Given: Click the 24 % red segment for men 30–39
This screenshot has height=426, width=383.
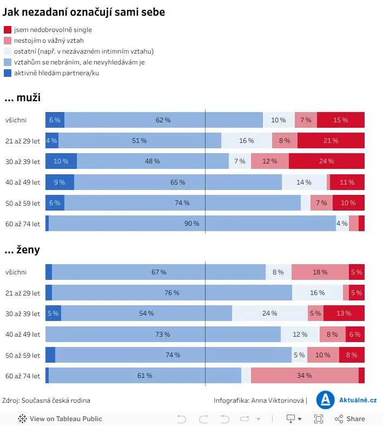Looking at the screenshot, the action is point(327,161).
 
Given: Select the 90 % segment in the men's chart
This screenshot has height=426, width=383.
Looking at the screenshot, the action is point(192,224).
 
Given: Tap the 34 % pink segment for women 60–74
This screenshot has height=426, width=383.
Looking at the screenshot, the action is point(305,376).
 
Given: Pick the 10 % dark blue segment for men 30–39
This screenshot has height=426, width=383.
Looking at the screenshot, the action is point(61,161).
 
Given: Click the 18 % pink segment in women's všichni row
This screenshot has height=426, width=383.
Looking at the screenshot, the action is point(320,272).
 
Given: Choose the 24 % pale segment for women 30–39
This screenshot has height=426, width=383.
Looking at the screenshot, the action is point(270,313).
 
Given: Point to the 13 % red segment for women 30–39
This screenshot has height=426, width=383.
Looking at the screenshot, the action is point(344,313).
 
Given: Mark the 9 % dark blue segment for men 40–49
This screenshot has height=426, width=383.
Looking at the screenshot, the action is point(60,182).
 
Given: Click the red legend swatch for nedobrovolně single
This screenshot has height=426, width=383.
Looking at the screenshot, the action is point(8,30).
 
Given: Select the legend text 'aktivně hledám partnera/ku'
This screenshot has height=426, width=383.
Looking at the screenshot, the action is point(56,73).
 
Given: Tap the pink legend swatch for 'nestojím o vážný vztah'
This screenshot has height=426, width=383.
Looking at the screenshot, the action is point(8,41).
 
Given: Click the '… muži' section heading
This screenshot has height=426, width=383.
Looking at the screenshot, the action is point(23,97).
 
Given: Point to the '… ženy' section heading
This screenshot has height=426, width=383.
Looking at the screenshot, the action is point(22,250).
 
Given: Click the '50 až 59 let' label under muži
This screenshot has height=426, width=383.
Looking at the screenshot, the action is point(23,203).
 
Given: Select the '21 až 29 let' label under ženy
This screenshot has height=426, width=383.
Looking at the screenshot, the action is point(23,293).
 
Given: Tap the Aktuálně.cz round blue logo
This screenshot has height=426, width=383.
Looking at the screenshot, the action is point(326,400).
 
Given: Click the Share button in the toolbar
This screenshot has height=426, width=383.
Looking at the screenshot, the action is point(350,419).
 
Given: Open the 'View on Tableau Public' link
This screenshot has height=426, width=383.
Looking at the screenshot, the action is point(60,419).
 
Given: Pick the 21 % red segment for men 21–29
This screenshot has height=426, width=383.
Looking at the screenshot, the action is point(331,140).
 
